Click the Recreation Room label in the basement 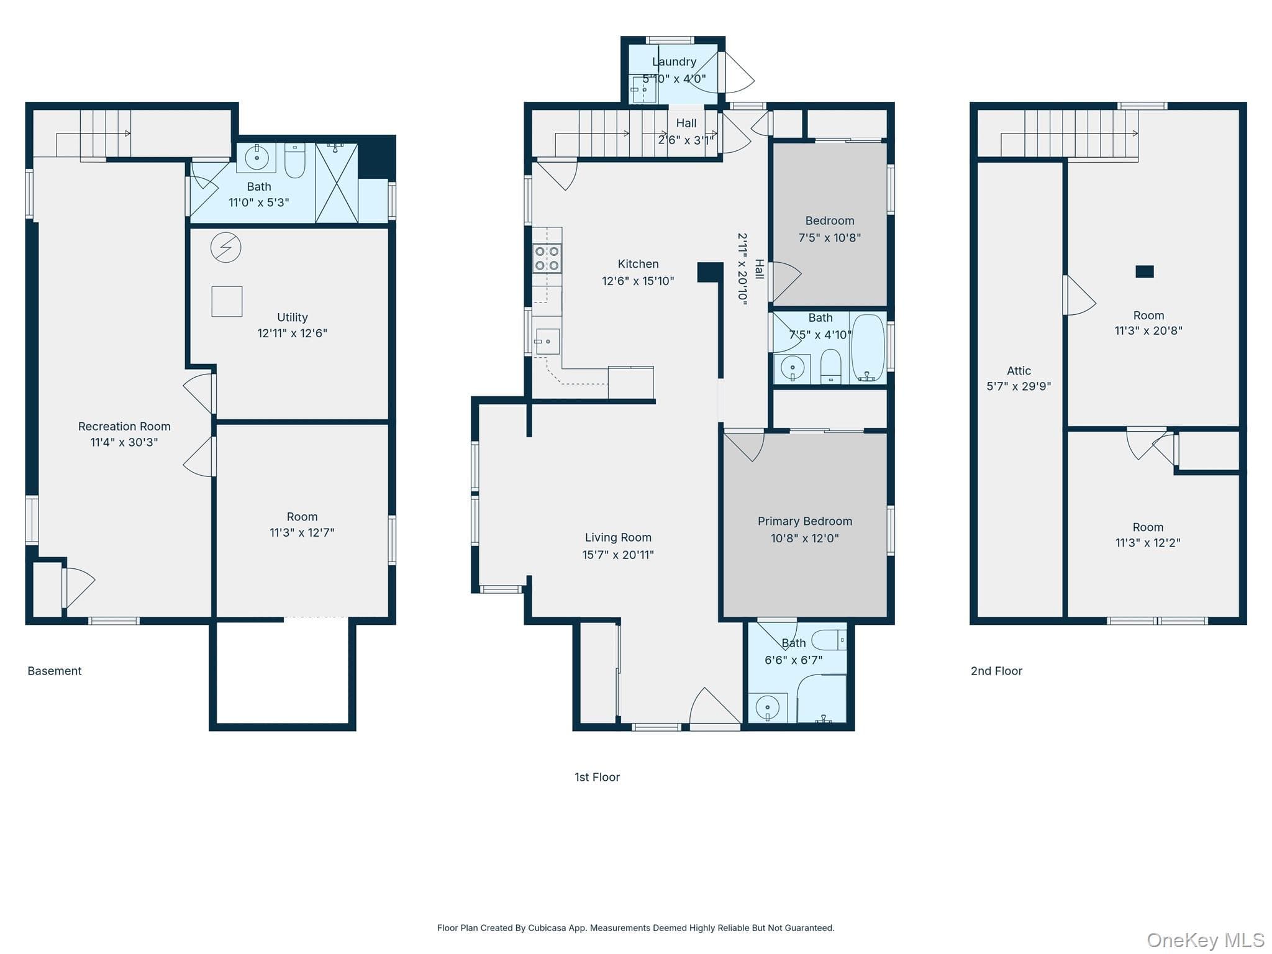point(124,426)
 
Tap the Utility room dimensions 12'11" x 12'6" point(292,333)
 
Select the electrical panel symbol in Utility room point(225,248)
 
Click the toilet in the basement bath point(295,161)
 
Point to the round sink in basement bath point(257,158)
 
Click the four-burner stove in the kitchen point(547,258)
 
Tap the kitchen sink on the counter point(547,342)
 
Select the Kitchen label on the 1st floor point(638,264)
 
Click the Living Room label point(618,537)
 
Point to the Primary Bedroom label point(805,521)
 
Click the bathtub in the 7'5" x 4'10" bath point(868,348)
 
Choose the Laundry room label point(674,61)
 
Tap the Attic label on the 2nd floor point(1019,370)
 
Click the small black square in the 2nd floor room point(1145,271)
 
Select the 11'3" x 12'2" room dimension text point(1148,543)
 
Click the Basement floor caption point(55,671)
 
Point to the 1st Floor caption point(597,777)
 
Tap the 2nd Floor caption point(996,671)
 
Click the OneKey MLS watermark point(1206,940)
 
